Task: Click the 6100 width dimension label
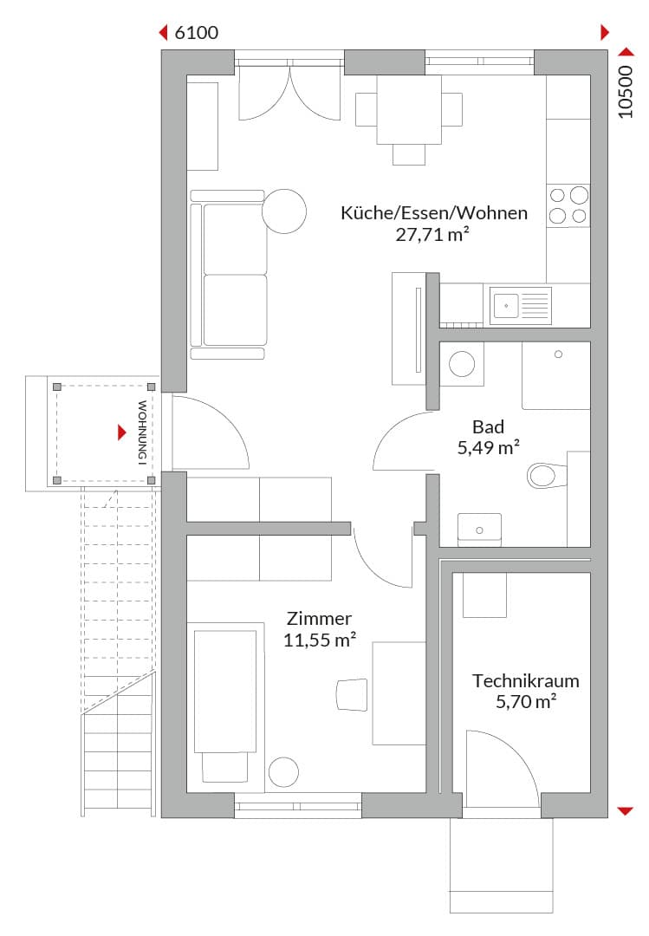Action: click(x=197, y=32)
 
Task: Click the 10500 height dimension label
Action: click(x=625, y=91)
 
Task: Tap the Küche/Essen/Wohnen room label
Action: click(x=434, y=213)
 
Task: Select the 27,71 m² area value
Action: click(x=432, y=234)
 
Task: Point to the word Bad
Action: click(x=489, y=426)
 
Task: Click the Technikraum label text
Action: click(x=525, y=680)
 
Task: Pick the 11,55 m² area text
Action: click(x=320, y=640)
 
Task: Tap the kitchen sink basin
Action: click(x=506, y=306)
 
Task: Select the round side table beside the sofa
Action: click(x=284, y=211)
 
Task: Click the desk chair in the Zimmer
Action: click(x=352, y=694)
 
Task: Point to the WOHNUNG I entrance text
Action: click(x=142, y=432)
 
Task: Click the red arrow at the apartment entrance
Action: click(x=122, y=432)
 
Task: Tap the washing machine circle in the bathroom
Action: click(x=462, y=363)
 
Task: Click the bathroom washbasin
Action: click(x=479, y=529)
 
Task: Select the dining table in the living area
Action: click(x=409, y=109)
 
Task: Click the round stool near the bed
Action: click(x=283, y=772)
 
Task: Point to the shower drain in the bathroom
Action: click(x=558, y=354)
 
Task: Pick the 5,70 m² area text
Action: click(x=526, y=701)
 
